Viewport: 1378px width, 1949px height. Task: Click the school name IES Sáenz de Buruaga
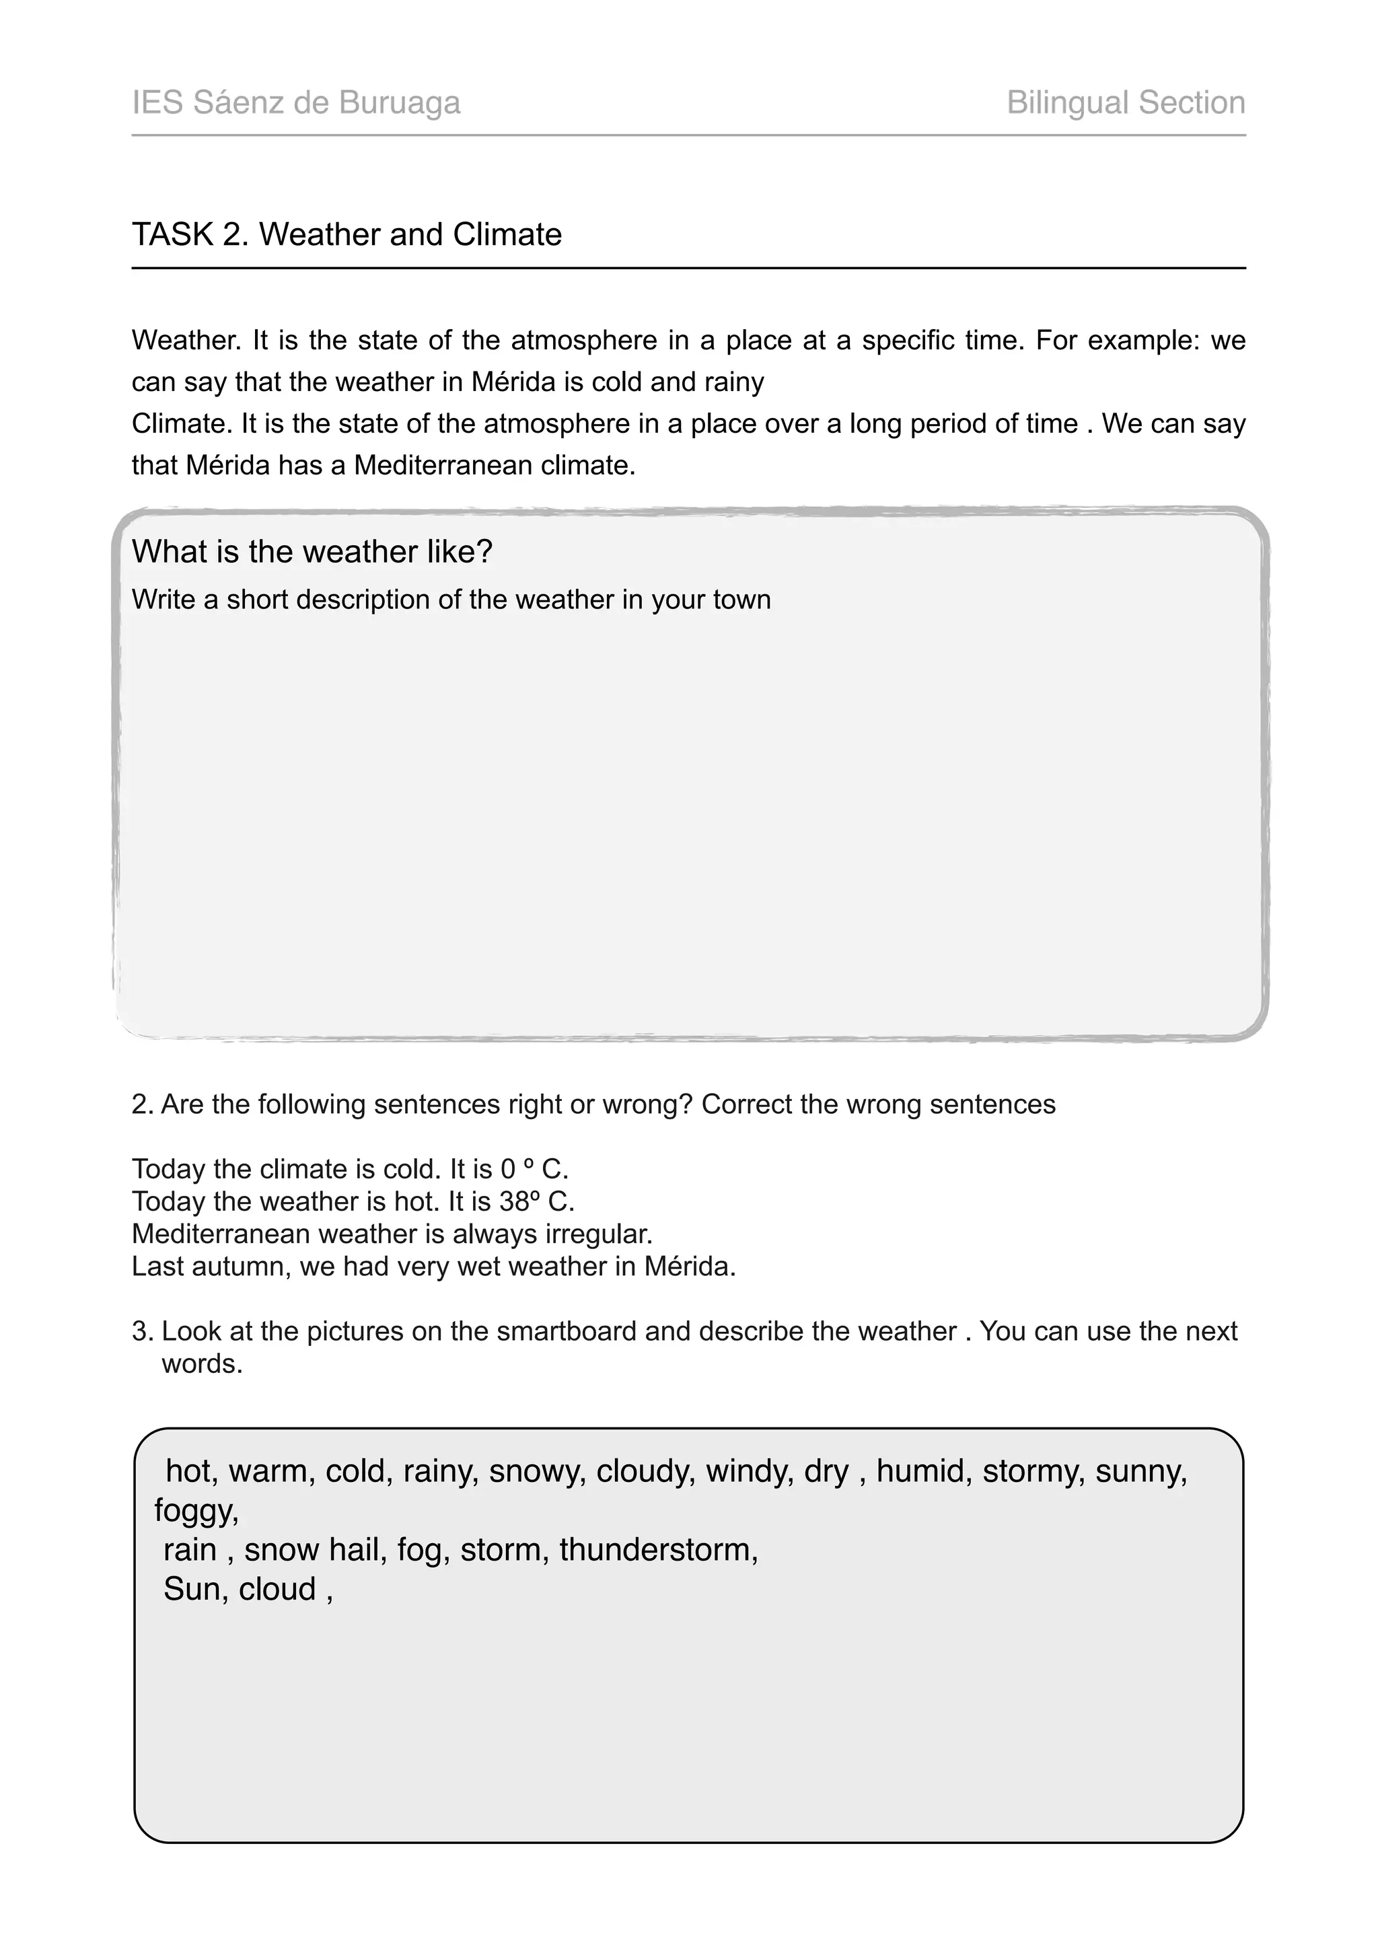click(296, 103)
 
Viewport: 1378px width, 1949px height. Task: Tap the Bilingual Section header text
click(1125, 103)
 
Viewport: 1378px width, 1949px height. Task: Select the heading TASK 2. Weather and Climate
click(347, 234)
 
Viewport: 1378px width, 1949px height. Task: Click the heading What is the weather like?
click(312, 552)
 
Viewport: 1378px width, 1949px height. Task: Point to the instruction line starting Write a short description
click(451, 600)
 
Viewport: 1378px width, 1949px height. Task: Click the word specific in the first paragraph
click(906, 341)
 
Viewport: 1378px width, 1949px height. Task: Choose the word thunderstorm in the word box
click(657, 1550)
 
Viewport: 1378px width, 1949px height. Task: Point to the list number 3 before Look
click(141, 1331)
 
